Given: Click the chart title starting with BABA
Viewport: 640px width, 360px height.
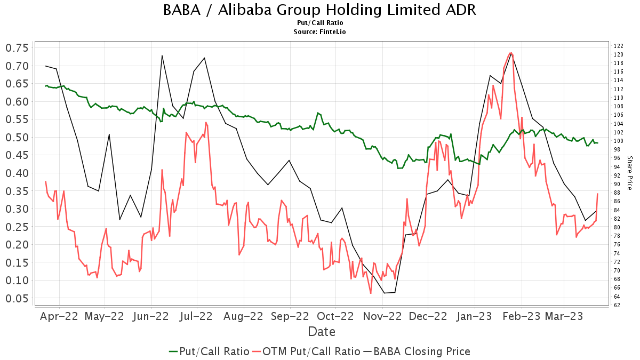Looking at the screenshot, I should point(320,10).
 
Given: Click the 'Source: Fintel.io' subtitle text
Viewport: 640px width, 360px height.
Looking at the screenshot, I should point(320,32).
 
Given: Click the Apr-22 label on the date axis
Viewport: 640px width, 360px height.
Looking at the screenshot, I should point(59,316).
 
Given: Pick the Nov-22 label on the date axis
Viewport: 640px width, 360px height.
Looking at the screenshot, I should point(382,316).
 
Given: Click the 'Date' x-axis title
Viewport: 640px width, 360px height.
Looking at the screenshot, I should point(322,332).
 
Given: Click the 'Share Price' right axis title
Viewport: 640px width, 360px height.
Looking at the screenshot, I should point(629,173).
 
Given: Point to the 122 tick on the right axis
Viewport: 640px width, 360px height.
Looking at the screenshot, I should point(619,46).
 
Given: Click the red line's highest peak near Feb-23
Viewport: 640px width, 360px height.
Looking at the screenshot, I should point(511,53).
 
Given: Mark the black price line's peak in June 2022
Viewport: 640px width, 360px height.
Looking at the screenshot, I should point(162,55).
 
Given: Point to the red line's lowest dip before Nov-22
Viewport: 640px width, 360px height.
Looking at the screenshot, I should point(371,293).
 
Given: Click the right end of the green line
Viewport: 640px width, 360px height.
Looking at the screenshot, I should point(598,143).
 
